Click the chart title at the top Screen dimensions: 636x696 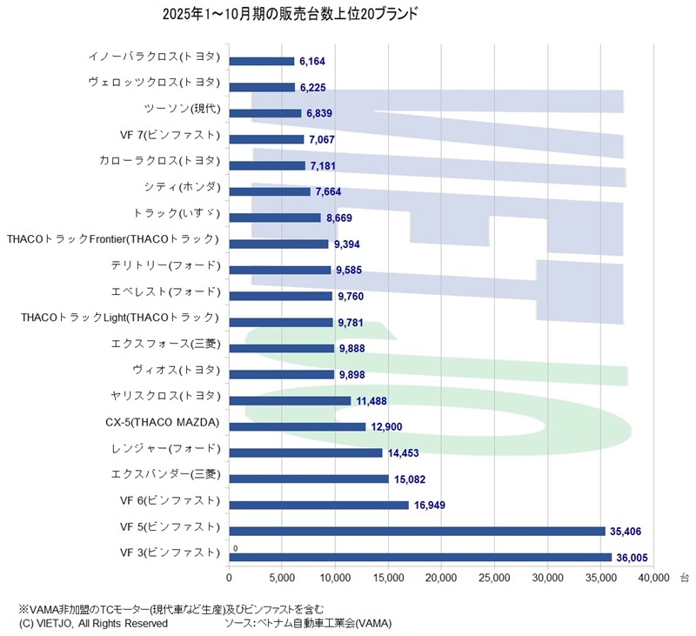(x=290, y=15)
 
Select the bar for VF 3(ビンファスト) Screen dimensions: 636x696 (x=420, y=558)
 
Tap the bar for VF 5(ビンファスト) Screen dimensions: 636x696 (x=417, y=532)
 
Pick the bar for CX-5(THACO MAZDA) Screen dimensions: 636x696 (x=298, y=427)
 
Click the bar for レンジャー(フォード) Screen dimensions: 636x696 (x=305, y=453)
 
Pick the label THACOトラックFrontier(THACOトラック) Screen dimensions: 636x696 (x=113, y=239)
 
